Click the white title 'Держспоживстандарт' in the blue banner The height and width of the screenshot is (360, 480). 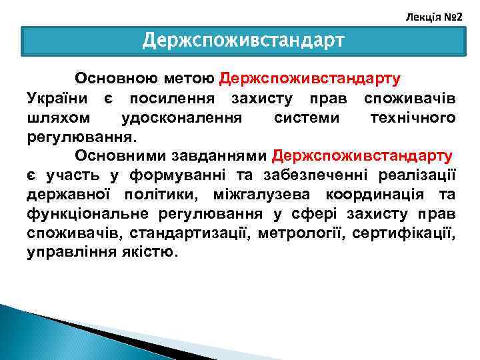coord(243,41)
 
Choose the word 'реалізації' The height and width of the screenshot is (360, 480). coord(416,175)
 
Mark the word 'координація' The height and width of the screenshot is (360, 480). coord(379,195)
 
